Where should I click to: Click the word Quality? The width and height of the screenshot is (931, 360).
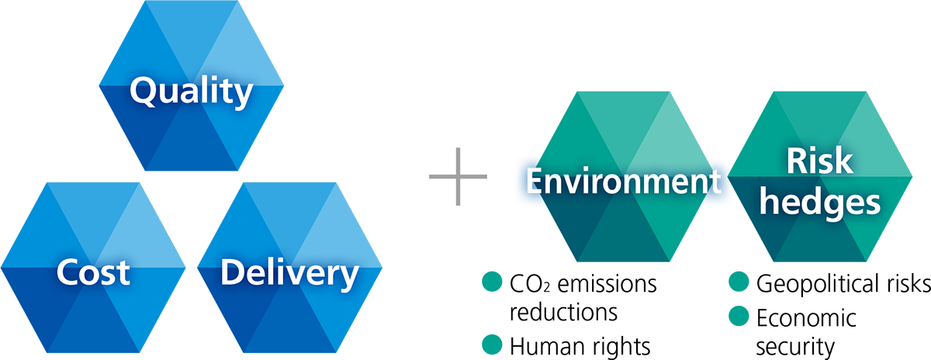(191, 92)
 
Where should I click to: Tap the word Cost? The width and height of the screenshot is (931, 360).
(92, 274)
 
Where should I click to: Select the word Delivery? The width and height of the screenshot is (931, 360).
(289, 274)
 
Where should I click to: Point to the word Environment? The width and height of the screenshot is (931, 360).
(619, 182)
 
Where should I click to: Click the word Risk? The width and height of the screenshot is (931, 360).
(819, 163)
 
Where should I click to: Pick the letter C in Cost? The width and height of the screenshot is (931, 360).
(67, 274)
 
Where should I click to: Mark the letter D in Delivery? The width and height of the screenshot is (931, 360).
(232, 274)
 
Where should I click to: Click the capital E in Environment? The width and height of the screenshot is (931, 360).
(535, 182)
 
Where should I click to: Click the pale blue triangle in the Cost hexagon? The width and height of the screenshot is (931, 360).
(144, 229)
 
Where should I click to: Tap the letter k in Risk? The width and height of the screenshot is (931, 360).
(843, 163)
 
